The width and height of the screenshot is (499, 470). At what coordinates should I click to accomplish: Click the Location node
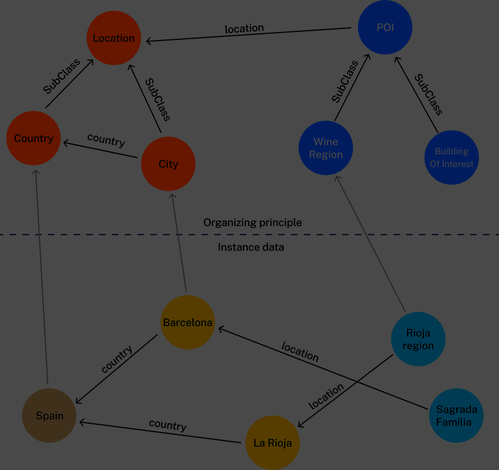coord(114,38)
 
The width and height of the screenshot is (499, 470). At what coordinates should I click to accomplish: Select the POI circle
coord(385,27)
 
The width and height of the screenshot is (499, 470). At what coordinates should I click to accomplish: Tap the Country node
coord(33,138)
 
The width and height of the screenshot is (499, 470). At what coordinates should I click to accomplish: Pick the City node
coord(168,164)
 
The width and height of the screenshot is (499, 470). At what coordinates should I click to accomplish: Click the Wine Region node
coord(325,148)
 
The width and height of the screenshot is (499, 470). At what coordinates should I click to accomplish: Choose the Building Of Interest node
coord(452,157)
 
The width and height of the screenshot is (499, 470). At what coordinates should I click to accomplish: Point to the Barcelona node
coord(188,322)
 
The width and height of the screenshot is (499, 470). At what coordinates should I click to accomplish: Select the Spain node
coord(49,416)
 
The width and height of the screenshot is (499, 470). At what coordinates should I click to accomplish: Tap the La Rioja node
coord(272,443)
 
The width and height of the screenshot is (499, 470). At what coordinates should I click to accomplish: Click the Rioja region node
coord(418,339)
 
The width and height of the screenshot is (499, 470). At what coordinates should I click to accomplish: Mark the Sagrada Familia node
coord(456,416)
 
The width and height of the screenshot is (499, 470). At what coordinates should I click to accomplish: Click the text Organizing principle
coord(252,222)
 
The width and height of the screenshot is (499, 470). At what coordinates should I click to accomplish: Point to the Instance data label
coord(251,247)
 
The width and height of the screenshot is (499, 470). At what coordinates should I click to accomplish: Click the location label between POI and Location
coord(244,28)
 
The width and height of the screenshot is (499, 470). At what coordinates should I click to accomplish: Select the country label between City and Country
coord(106,140)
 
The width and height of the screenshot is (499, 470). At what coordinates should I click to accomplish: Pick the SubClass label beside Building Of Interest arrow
coord(429,95)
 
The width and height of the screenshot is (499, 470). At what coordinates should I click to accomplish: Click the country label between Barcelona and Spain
coord(117,359)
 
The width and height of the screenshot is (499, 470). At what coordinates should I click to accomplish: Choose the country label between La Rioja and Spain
coord(168,425)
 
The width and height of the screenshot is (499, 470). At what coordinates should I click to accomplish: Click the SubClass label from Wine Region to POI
coord(345,82)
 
